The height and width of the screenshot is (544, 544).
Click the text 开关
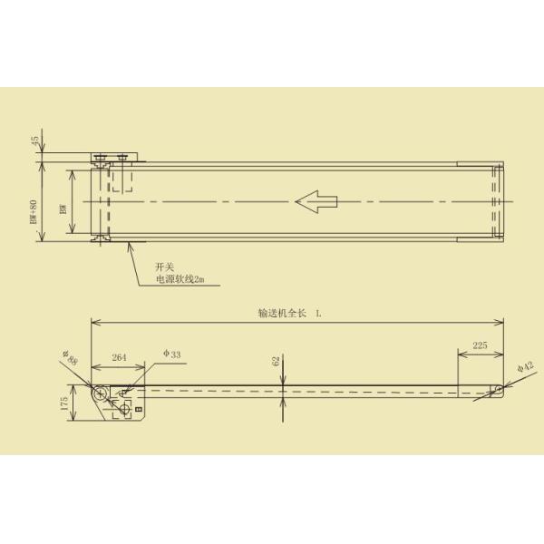[x=164, y=268]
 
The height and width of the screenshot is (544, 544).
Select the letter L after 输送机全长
[x=319, y=313]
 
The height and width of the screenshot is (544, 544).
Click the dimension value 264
[x=119, y=359]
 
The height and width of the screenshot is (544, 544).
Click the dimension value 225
[x=481, y=345]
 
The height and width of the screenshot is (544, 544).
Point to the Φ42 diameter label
[x=523, y=367]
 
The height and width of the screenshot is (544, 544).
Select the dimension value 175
[x=63, y=405]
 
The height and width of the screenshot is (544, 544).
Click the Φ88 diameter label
[x=69, y=359]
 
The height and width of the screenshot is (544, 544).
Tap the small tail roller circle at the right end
[x=498, y=390]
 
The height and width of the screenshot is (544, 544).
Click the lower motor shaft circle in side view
[x=122, y=409]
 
